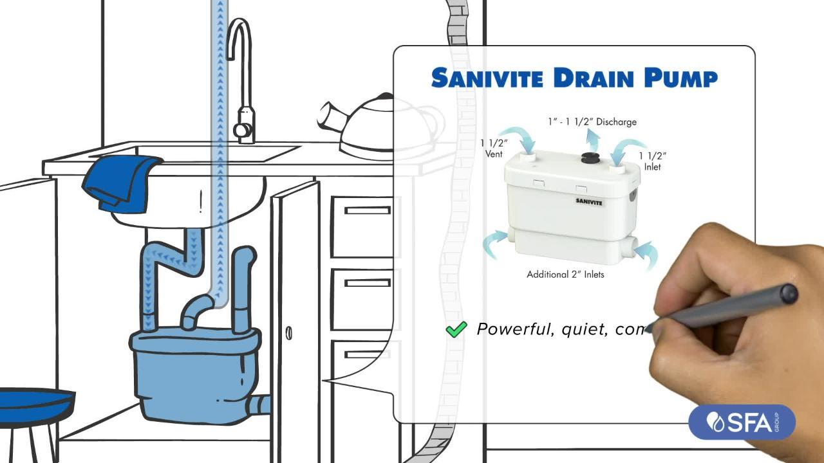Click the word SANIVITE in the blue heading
[487, 78]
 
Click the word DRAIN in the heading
[594, 78]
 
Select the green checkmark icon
[456, 329]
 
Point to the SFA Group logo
[742, 422]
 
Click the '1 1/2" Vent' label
[494, 149]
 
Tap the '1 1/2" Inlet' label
[652, 161]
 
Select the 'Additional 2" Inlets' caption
[565, 275]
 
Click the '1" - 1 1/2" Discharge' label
[592, 122]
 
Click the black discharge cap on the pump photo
[590, 158]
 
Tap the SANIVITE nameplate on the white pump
[589, 202]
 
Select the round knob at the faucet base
[241, 130]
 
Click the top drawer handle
[368, 210]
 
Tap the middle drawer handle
[368, 283]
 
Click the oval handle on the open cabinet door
[289, 333]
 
